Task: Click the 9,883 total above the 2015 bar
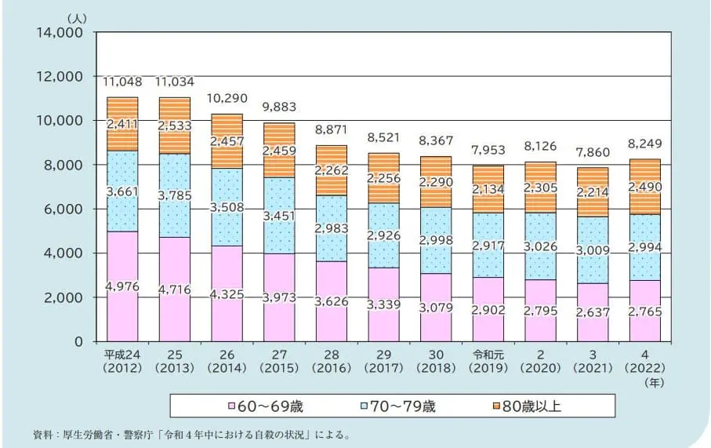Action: (278, 106)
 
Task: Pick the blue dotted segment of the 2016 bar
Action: (331, 228)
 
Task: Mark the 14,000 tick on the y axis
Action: (60, 33)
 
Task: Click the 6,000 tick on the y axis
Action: (63, 209)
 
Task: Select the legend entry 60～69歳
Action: (263, 406)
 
